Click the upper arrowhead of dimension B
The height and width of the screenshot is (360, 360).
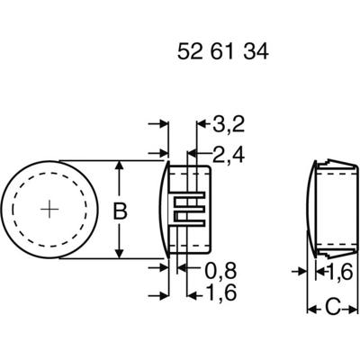119,167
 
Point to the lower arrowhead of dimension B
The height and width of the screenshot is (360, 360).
119,256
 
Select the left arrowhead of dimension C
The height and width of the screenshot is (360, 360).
313,310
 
